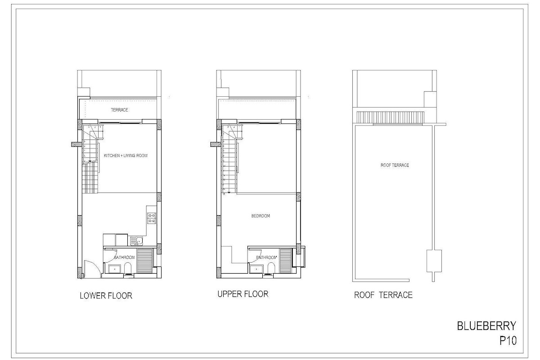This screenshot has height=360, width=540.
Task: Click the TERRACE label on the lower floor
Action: (119, 110)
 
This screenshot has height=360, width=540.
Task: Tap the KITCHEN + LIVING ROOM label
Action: (126, 156)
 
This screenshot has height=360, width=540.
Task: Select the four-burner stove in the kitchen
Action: (151, 218)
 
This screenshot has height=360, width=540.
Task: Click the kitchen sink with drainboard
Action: (136, 241)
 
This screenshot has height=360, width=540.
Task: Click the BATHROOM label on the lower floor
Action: (124, 257)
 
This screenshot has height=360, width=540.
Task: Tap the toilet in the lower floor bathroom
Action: (128, 268)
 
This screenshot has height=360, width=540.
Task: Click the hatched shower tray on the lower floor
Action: (144, 261)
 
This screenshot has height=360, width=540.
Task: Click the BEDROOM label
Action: (261, 216)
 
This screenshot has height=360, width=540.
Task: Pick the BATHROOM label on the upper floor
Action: (266, 257)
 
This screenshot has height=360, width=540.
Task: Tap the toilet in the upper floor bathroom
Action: (271, 268)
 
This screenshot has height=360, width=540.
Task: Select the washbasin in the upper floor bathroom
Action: (256, 269)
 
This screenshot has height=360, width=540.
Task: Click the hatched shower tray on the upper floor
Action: (286, 261)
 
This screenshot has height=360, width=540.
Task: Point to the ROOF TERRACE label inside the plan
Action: (395, 165)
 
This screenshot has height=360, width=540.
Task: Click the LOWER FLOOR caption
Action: (106, 296)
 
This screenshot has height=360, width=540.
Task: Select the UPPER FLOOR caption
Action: (243, 294)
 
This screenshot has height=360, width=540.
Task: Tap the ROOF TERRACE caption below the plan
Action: (383, 295)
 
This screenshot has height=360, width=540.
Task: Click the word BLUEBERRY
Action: (486, 326)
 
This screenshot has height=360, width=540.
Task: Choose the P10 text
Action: (508, 341)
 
